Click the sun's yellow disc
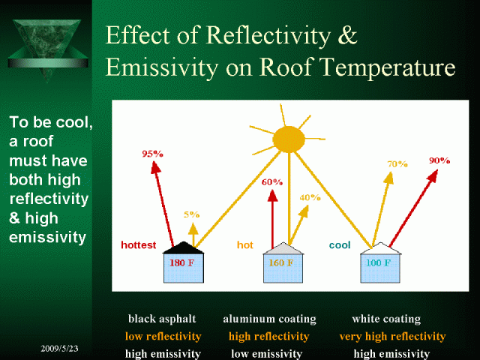tap(289, 139)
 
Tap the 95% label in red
tap(152, 154)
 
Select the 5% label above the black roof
tap(192, 214)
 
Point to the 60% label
tap(271, 182)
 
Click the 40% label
tap(310, 197)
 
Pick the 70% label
tap(397, 164)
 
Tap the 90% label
tap(439, 160)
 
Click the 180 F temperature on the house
tap(181, 262)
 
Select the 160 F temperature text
tap(281, 262)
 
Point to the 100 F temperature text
tap(378, 262)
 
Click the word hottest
tap(138, 245)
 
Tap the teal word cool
tap(340, 245)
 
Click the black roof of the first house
tap(183, 248)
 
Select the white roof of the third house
tap(380, 248)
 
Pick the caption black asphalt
tap(162, 319)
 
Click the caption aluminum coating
tap(269, 319)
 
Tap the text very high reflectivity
tap(392, 337)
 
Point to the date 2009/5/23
tap(59, 348)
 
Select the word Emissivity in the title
tap(162, 67)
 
